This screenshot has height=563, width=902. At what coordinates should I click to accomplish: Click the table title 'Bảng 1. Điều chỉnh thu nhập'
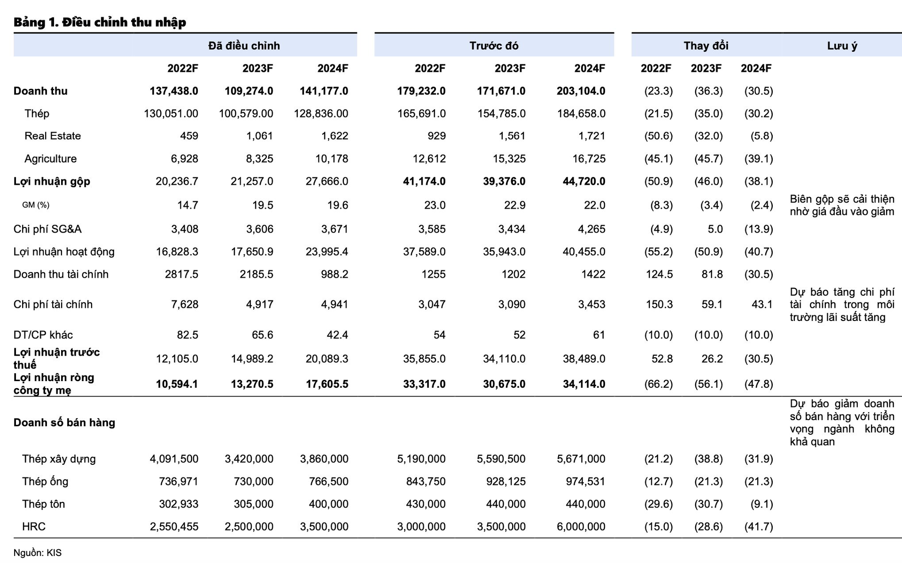pos(100,22)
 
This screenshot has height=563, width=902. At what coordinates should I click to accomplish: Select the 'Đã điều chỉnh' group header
pos(244,46)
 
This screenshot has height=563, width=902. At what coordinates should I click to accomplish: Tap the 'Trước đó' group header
pos(494,46)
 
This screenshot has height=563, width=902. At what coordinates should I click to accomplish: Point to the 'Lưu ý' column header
pos(842,46)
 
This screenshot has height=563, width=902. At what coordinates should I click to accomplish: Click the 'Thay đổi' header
pos(706,46)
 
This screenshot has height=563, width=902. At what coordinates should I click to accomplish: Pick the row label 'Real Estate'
pos(53,136)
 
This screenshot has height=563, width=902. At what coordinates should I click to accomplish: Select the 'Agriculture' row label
pos(50,158)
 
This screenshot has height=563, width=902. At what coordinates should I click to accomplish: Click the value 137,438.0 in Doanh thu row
pos(174,91)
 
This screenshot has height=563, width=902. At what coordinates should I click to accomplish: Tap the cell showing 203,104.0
pos(581,91)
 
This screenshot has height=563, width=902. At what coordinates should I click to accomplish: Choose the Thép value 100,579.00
pos(246,113)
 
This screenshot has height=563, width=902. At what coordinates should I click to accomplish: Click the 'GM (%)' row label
pos(36,205)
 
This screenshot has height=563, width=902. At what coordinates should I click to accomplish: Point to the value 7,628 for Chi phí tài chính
pos(184,304)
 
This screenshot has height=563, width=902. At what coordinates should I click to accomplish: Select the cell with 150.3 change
pos(659,304)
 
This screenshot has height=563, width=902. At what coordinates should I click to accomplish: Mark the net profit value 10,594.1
pos(177,384)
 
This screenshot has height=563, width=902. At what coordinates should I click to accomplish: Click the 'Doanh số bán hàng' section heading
pos(64,422)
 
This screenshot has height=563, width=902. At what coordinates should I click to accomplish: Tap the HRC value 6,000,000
pos(581,526)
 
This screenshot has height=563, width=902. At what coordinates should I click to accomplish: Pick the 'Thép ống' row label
pos(45,481)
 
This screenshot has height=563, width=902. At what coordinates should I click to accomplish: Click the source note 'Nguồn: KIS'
pos(37,553)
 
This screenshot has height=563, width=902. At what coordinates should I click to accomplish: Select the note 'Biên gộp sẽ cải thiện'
pos(842,199)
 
